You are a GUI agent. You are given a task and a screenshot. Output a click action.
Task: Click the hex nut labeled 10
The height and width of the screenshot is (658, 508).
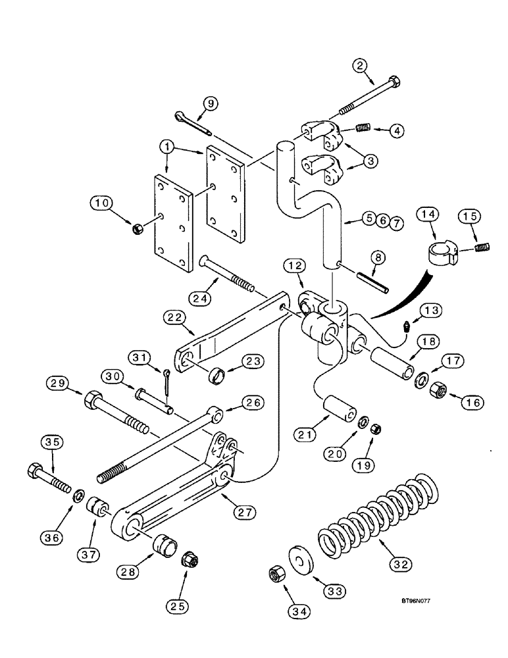(138, 229)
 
